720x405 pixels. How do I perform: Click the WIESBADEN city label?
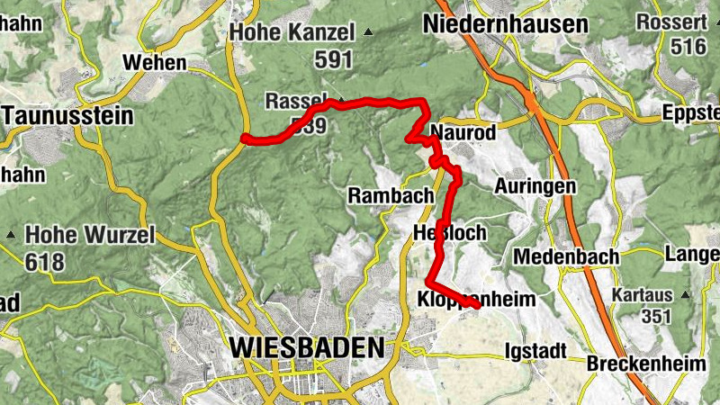point(306,347)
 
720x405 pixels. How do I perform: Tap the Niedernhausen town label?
point(507,24)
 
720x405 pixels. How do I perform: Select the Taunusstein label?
point(67,116)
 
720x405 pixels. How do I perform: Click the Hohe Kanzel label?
point(293,32)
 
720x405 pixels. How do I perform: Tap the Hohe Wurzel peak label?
point(89,235)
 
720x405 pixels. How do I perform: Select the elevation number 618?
point(45,262)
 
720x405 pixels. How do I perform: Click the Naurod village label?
point(463,132)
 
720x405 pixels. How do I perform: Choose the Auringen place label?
point(535,186)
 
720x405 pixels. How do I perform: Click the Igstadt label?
point(536,349)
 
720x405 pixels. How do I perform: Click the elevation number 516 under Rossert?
point(689,47)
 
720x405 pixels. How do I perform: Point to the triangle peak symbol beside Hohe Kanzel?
point(368,33)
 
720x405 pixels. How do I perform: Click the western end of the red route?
point(245,138)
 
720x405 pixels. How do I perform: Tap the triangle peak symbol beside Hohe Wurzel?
point(11,235)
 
